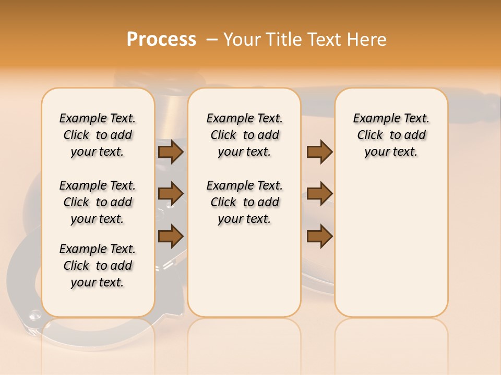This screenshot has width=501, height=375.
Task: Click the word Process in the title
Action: click(x=161, y=40)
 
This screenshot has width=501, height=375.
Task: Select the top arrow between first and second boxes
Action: click(x=171, y=152)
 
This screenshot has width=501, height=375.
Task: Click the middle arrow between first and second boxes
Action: click(x=171, y=194)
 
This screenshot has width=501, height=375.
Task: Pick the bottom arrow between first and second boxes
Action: click(x=171, y=235)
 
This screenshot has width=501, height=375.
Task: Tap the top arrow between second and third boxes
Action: click(x=320, y=152)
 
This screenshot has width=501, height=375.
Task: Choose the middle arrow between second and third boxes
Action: click(x=320, y=194)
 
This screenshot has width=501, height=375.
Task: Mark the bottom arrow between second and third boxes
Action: click(x=320, y=235)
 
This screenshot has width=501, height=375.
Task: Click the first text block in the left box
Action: click(x=98, y=135)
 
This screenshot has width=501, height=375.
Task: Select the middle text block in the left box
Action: click(x=98, y=202)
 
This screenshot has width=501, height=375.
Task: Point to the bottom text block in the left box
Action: click(x=98, y=266)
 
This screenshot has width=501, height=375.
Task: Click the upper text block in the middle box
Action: click(x=244, y=135)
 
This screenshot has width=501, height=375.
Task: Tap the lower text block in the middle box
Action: click(x=244, y=202)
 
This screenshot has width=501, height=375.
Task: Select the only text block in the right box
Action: click(x=391, y=135)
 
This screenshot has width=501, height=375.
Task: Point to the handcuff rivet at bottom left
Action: click(x=35, y=314)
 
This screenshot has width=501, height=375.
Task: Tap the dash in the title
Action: click(x=211, y=40)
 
